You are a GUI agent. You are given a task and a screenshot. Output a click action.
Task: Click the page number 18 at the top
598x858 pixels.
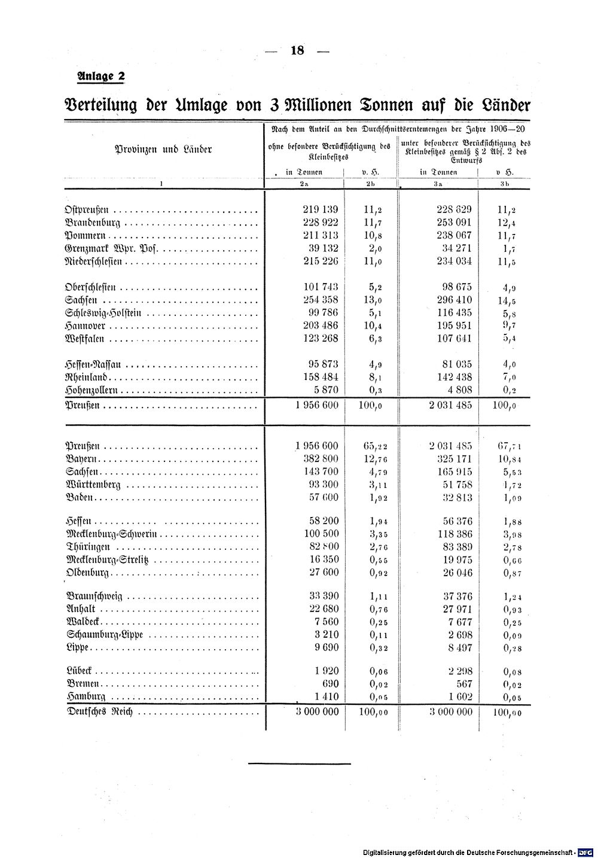[x=297, y=50]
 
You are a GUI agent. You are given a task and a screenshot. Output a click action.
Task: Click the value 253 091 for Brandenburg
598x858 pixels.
[x=454, y=223]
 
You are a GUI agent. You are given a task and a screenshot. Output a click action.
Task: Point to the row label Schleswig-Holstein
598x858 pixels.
[x=102, y=313]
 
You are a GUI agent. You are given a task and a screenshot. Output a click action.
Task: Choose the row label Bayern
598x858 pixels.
[x=81, y=459]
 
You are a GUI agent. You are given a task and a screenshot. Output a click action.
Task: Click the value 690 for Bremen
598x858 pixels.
[x=330, y=683]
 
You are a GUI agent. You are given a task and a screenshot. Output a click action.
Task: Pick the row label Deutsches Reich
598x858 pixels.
[x=100, y=712]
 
